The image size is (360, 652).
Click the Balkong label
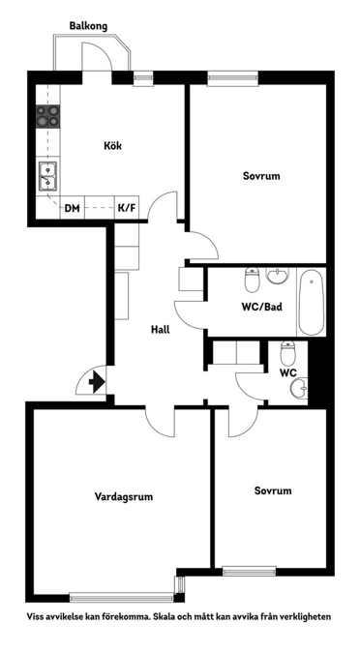point(88,26)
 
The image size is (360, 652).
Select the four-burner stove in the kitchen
point(47,117)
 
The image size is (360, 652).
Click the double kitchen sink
point(47,176)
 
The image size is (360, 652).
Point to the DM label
point(72,207)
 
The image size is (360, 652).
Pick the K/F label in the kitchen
point(127,207)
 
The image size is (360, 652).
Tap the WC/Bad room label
point(261,308)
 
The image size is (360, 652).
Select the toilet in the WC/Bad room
point(251,281)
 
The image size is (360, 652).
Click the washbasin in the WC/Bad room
point(277,277)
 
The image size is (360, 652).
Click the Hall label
point(161,329)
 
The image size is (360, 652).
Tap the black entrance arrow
point(97,383)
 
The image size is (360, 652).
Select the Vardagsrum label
point(124,496)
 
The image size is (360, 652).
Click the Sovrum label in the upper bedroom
point(261,176)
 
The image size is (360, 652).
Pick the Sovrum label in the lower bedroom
point(273,490)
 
